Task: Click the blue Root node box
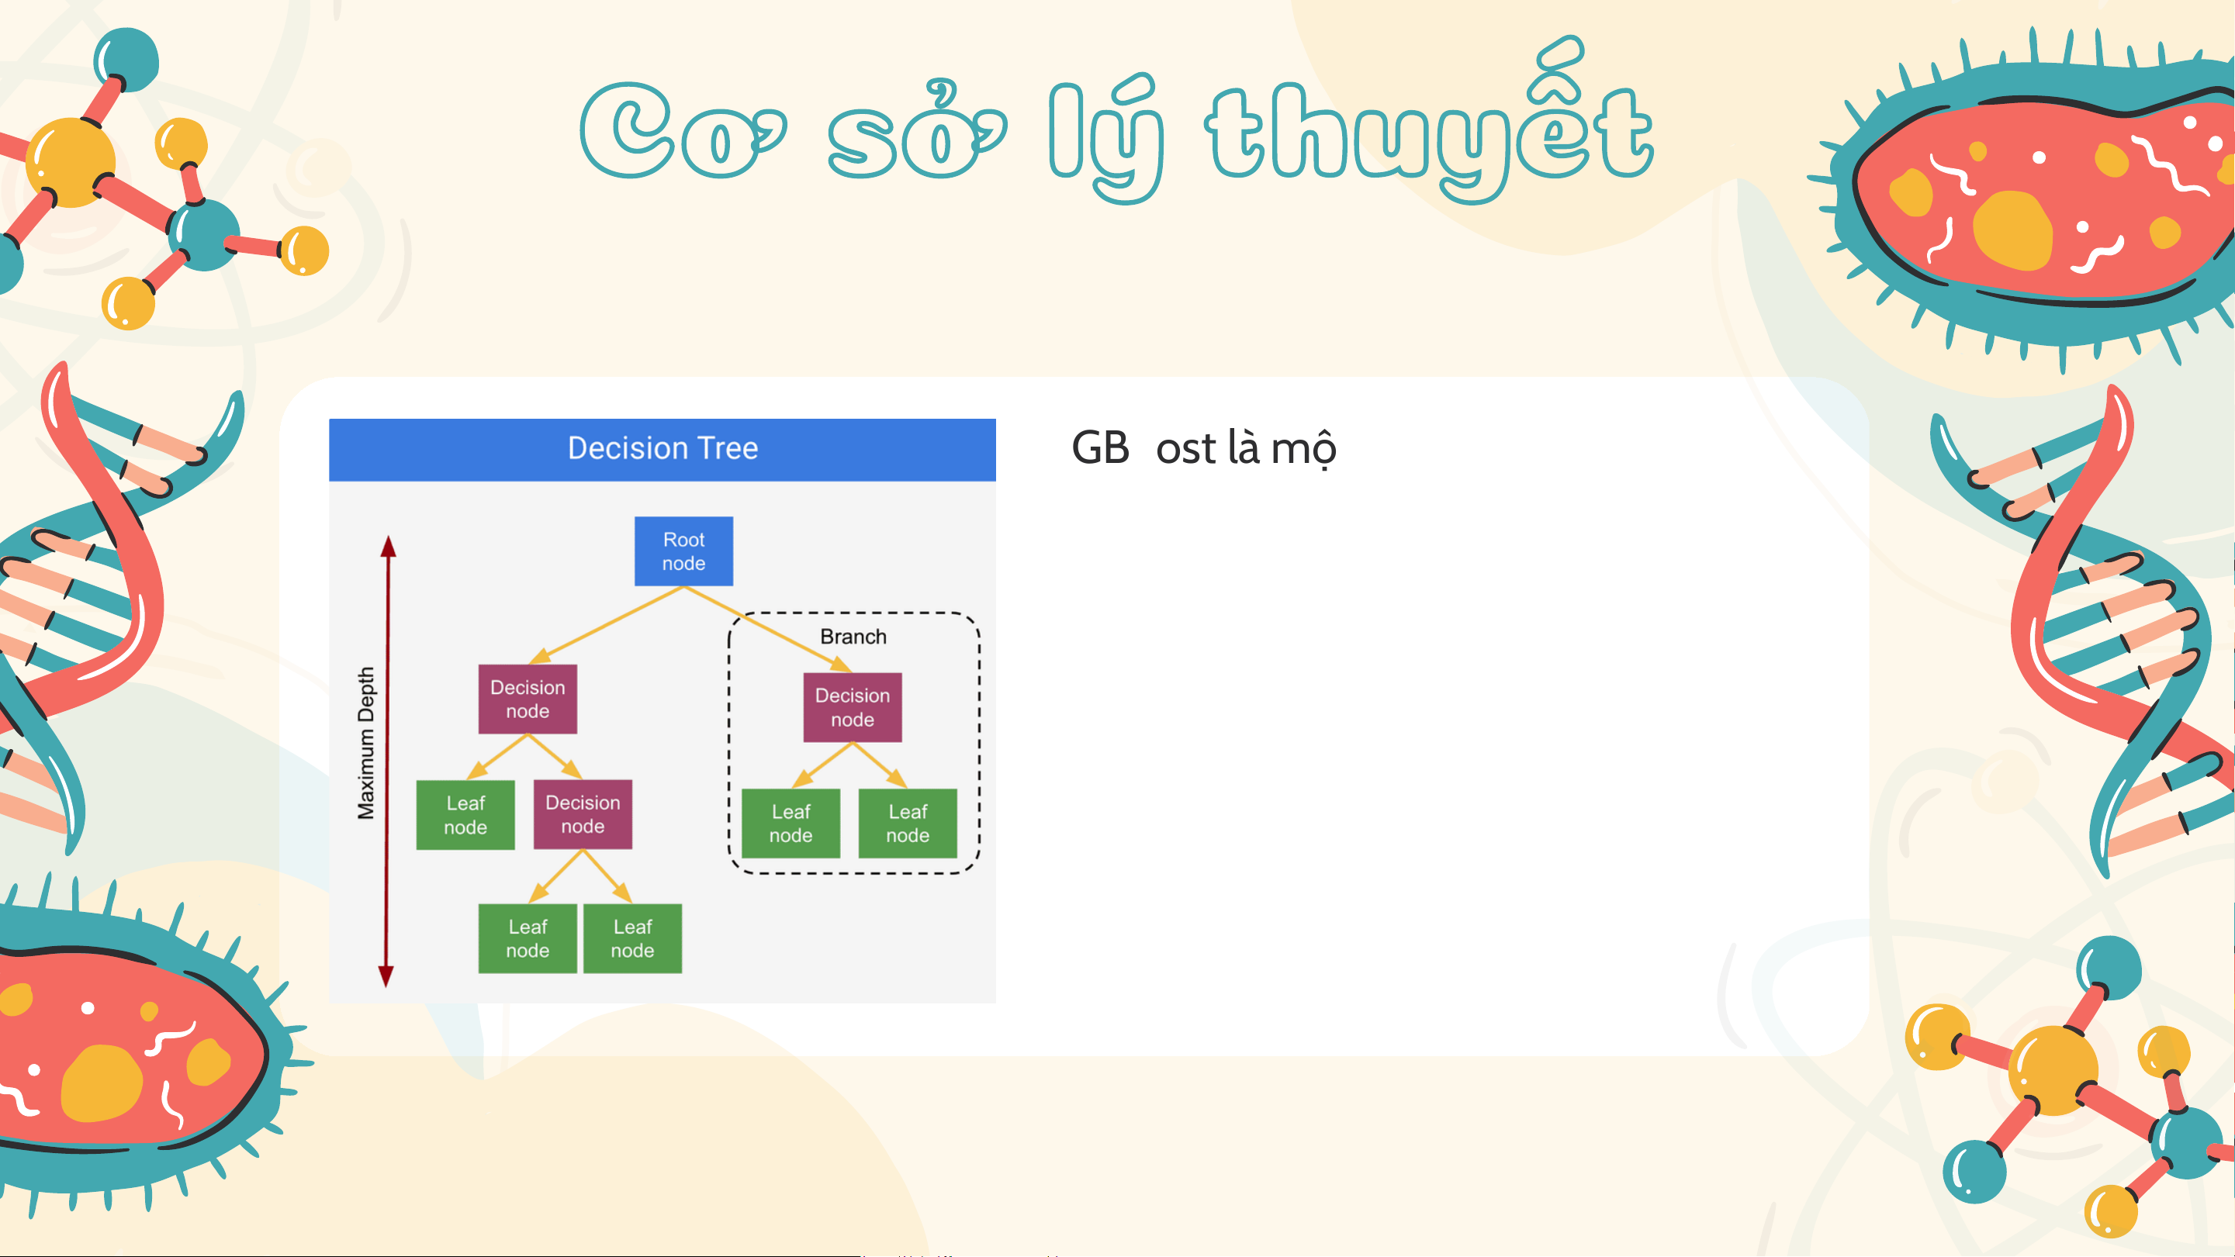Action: (683, 551)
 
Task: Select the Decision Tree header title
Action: (663, 448)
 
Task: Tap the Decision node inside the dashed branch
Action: (852, 707)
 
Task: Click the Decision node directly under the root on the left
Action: (528, 699)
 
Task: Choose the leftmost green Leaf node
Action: (465, 814)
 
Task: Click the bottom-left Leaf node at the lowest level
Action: (528, 938)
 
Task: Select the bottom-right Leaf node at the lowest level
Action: (632, 938)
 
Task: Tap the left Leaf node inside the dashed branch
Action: (791, 824)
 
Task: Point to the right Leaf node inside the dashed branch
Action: (908, 824)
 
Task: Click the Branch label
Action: (853, 637)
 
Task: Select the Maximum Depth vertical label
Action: (366, 743)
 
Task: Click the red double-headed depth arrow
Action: (387, 761)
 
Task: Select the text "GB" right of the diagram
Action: (1100, 448)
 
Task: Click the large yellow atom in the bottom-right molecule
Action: (2053, 1069)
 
